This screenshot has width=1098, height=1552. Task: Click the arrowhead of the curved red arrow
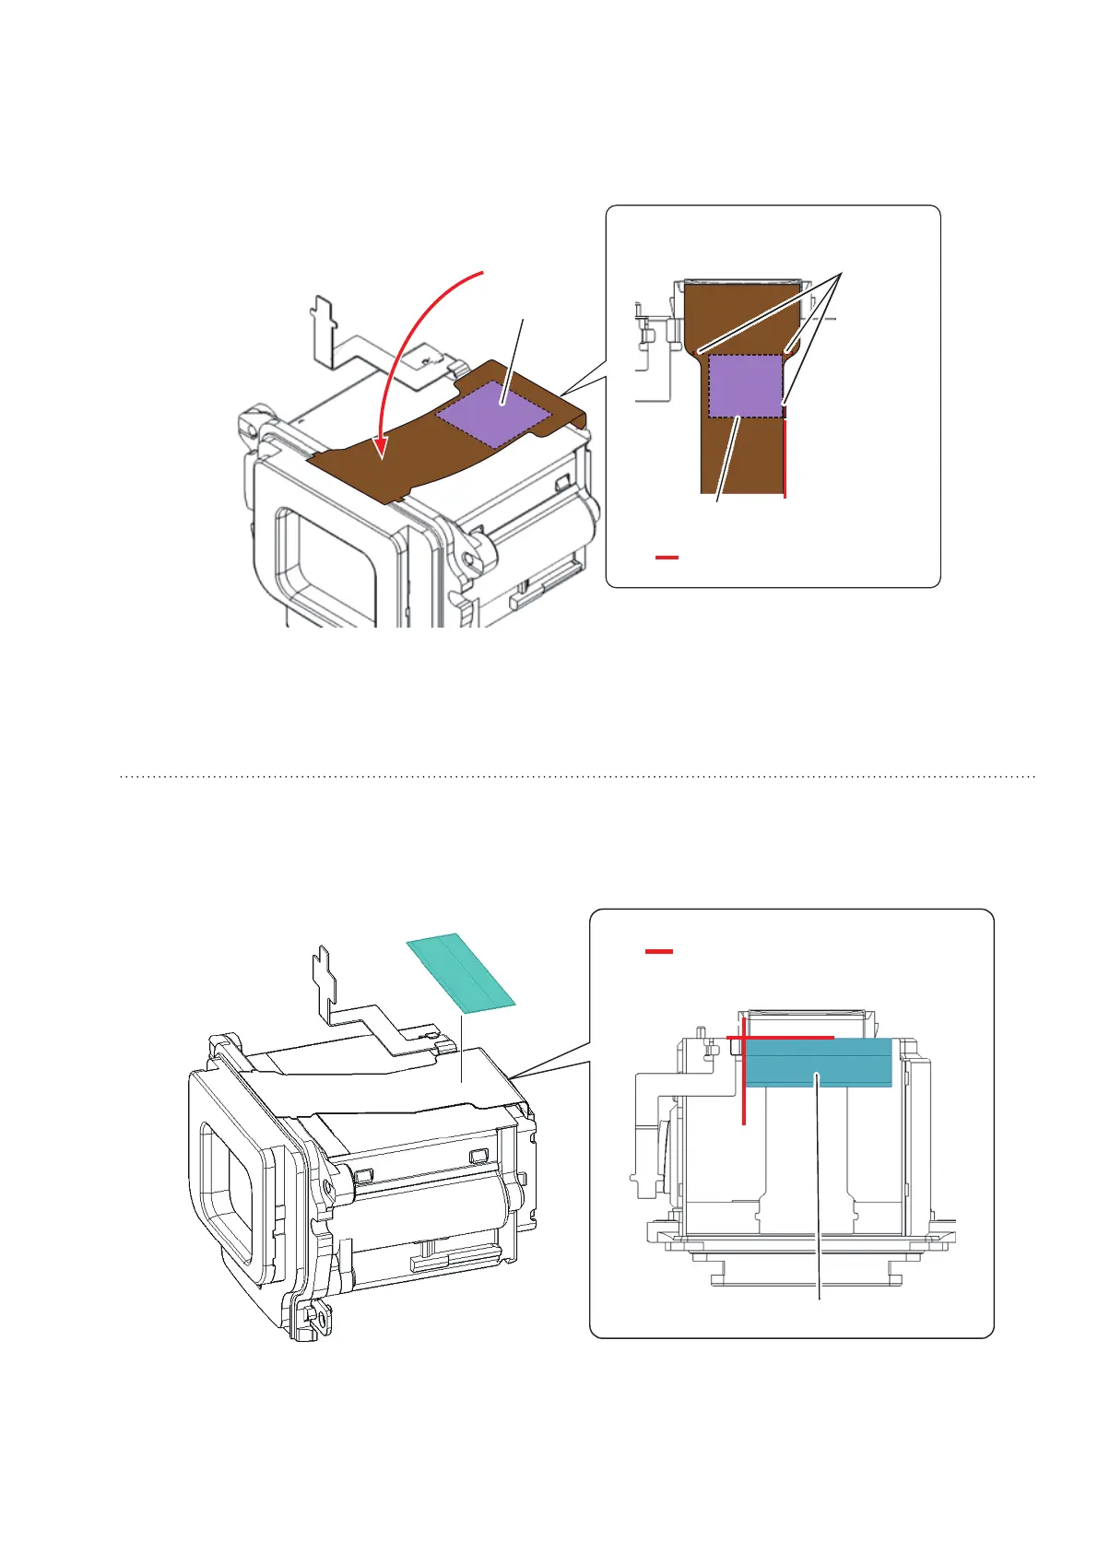pyautogui.click(x=382, y=449)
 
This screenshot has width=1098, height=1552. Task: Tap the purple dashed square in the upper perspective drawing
pyautogui.click(x=493, y=414)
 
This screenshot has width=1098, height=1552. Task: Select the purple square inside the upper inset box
pyautogui.click(x=746, y=386)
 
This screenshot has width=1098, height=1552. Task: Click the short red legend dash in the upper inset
pyautogui.click(x=667, y=558)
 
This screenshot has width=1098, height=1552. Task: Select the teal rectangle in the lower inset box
pyautogui.click(x=818, y=1063)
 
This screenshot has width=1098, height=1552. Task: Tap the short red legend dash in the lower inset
pyautogui.click(x=658, y=951)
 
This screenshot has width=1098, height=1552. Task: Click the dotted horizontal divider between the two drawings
pyautogui.click(x=577, y=777)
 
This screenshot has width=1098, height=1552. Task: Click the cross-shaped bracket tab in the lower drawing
pyautogui.click(x=325, y=971)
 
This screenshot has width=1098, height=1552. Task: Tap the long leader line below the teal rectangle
pyautogui.click(x=819, y=1198)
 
